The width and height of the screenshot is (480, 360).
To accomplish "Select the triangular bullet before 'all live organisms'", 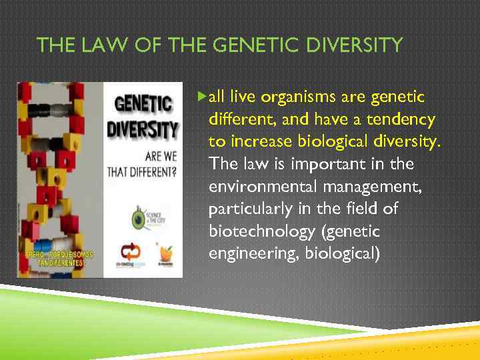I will click(203, 98).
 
